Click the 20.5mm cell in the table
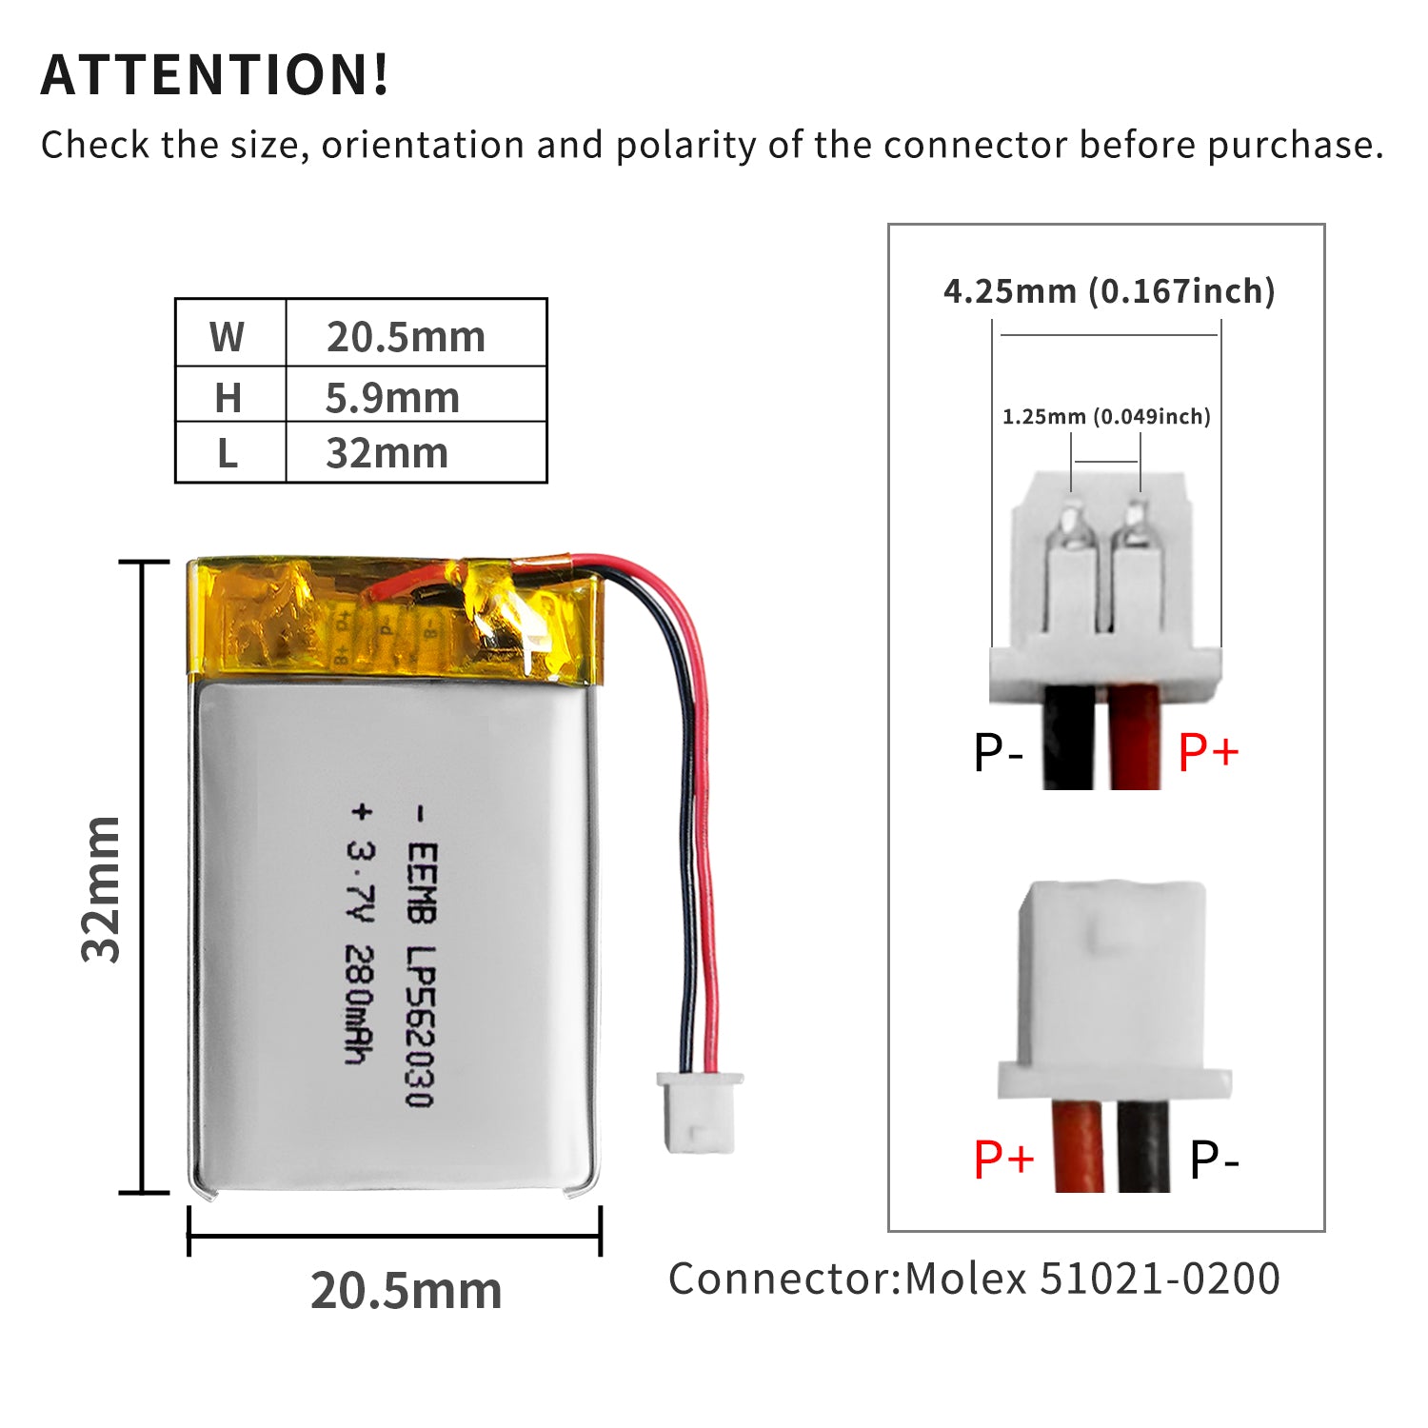coord(407,337)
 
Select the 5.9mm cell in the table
coord(392,398)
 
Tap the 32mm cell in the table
coord(387,453)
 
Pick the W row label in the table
coord(228,337)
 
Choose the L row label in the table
coord(228,454)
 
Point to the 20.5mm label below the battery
coord(407,1291)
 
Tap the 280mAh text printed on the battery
coord(357,1004)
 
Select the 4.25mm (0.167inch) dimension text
coord(1109,290)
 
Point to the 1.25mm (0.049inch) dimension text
coord(1106,416)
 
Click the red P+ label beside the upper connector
coord(1208,752)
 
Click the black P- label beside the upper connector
coord(998,752)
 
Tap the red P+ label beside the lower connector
coord(1003,1159)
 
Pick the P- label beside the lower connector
coord(1214,1159)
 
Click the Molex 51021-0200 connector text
coord(1091,1279)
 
